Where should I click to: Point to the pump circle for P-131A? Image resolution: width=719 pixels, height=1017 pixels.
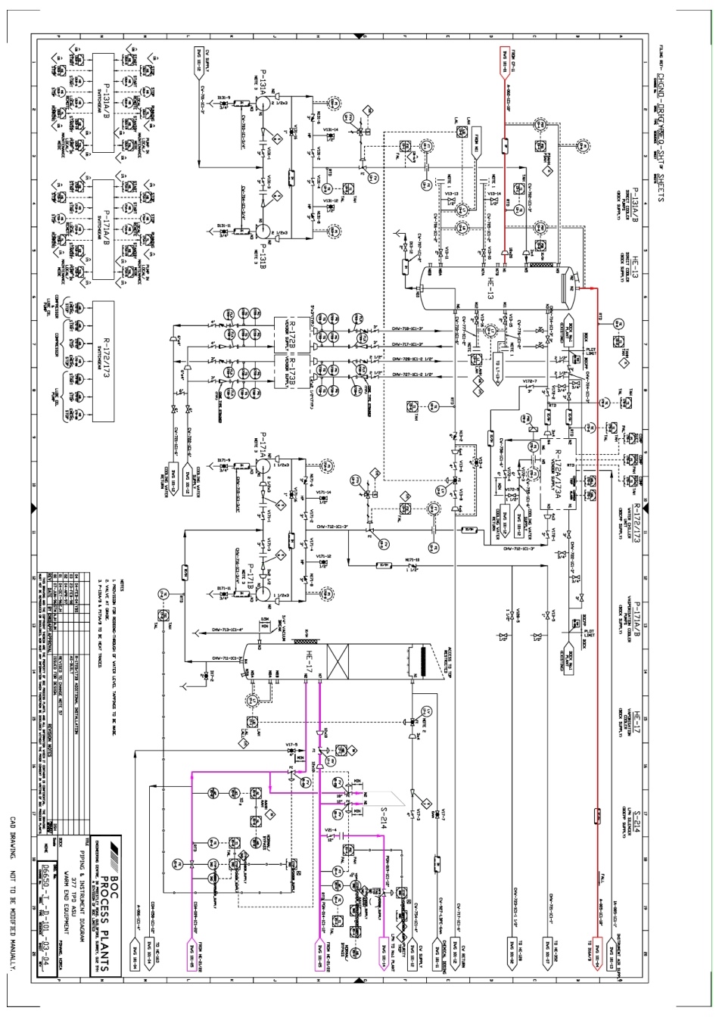pyautogui.click(x=259, y=107)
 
